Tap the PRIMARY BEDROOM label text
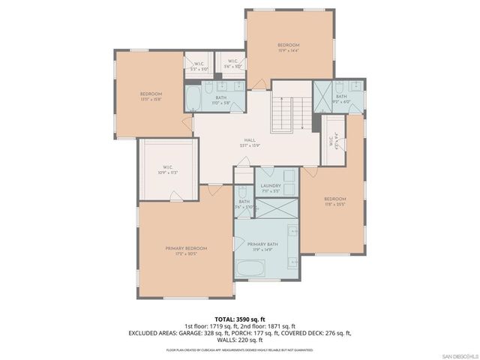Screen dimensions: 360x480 tap(186, 247)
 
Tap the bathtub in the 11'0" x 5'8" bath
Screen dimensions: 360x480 tap(193, 97)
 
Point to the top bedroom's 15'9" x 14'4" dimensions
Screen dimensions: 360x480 tap(289, 51)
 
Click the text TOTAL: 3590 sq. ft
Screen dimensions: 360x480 tap(240, 318)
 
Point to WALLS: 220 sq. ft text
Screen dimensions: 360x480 tap(240, 340)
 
